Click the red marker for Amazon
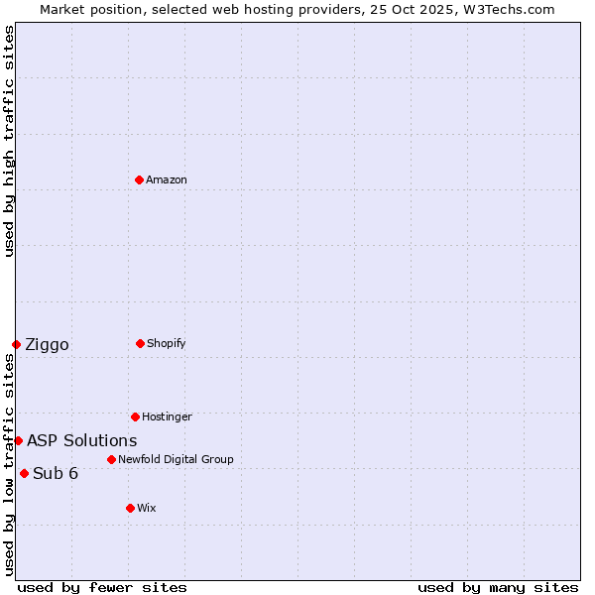[139, 179]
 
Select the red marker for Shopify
[140, 343]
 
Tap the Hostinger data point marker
[135, 416]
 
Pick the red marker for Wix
[130, 508]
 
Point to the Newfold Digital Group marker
[111, 459]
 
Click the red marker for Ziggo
[16, 344]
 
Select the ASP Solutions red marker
[18, 440]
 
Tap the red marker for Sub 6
[24, 473]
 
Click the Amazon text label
[167, 179]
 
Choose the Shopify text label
[167, 343]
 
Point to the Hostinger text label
[167, 416]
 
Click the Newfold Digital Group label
[176, 459]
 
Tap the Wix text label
[147, 508]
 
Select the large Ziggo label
[47, 344]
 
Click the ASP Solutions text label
[82, 440]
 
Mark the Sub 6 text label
[56, 473]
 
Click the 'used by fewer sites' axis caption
[102, 587]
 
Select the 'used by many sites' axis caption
[498, 587]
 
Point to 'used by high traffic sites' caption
[9, 141]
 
